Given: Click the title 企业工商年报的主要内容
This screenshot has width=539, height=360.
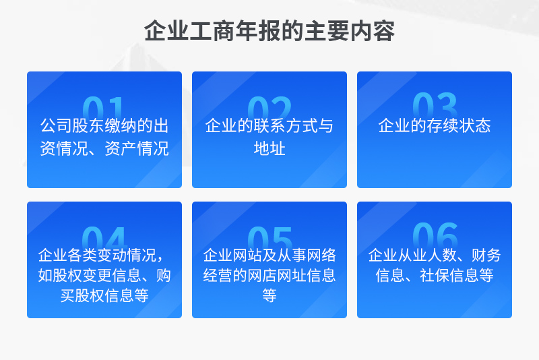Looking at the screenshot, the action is [269, 31].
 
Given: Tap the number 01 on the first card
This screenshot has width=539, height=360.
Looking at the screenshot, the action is [103, 107].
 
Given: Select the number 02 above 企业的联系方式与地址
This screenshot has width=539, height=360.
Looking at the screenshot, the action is [269, 107].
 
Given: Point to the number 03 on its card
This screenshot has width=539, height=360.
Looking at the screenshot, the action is [435, 105].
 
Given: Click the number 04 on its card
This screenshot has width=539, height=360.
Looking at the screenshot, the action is [104, 237].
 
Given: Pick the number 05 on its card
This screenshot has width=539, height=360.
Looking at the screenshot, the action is [269, 237].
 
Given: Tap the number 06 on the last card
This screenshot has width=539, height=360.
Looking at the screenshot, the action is [435, 235].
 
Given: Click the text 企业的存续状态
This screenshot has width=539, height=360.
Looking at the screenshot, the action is [435, 125].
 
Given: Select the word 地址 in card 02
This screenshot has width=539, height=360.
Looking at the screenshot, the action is [269, 148].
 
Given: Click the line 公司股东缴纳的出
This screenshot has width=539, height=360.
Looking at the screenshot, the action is [104, 125].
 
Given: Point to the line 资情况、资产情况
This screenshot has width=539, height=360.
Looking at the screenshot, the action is [104, 148].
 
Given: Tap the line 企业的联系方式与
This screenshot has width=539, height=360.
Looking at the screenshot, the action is [269, 125].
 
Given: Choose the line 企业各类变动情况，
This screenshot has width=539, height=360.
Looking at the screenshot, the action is [102, 255].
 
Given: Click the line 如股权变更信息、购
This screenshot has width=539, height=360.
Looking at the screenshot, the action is [104, 275].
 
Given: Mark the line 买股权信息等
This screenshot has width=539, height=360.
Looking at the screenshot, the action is [104, 295].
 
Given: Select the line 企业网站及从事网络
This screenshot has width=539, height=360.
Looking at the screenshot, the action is [269, 255].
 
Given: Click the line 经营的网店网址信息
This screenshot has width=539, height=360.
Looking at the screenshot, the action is [269, 275].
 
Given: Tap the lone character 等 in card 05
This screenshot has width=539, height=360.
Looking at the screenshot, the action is [269, 295].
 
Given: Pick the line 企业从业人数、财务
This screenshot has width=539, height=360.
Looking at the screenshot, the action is [435, 255].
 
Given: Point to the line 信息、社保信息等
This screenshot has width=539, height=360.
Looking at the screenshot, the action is [435, 275].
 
